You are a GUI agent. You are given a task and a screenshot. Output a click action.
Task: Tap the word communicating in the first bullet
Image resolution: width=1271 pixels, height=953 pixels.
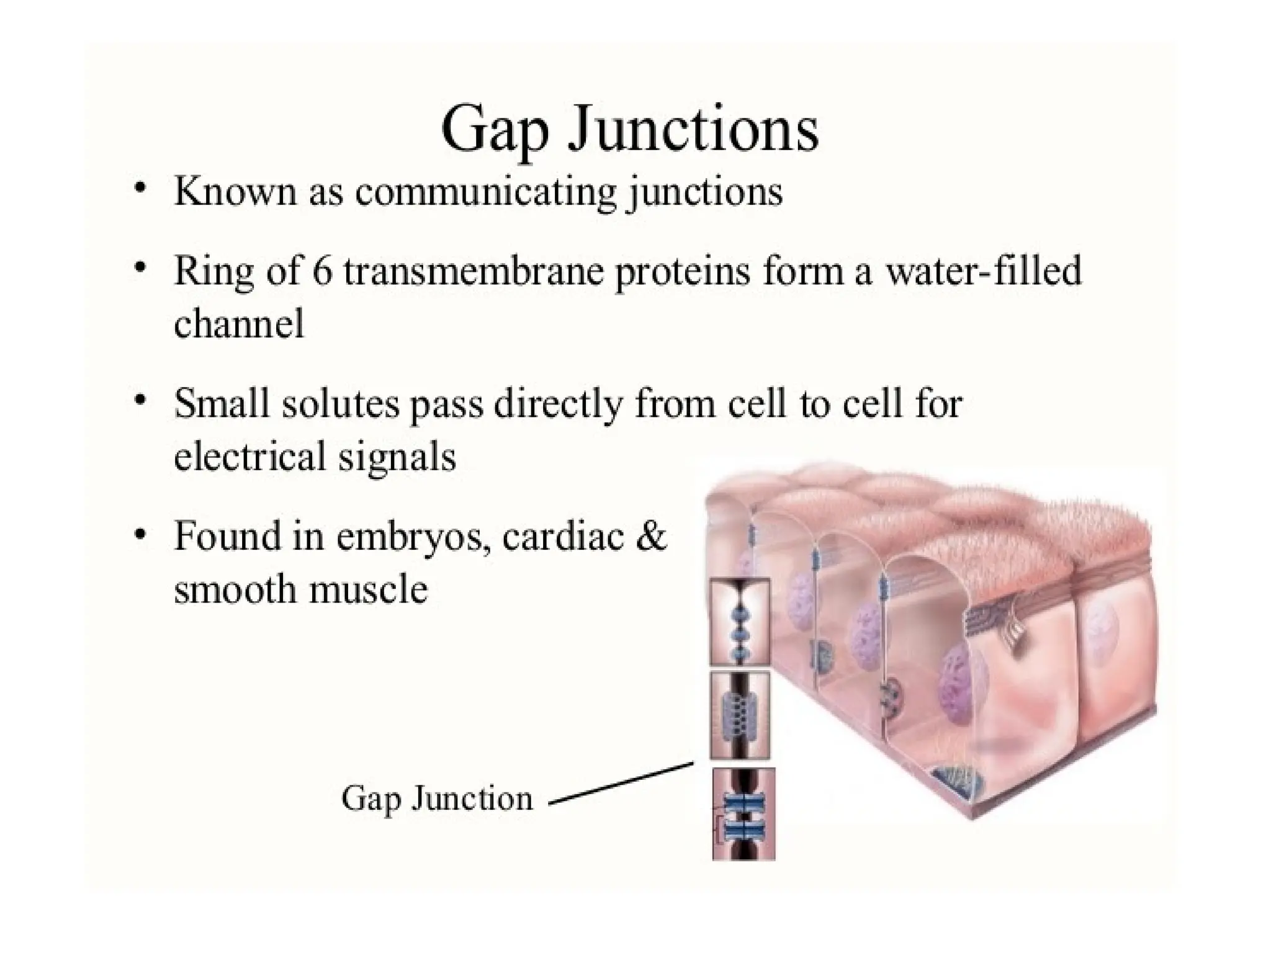click(486, 192)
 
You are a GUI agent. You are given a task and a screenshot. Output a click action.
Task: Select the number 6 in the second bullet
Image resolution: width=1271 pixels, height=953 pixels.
click(322, 272)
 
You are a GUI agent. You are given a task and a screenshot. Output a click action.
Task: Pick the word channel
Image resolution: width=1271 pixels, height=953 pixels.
click(239, 324)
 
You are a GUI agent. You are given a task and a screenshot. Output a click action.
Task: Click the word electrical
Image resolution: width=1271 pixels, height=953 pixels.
click(249, 457)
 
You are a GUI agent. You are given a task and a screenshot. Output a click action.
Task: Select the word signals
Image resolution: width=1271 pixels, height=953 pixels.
click(397, 458)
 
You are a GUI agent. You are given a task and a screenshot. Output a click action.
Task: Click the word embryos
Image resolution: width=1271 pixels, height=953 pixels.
click(413, 537)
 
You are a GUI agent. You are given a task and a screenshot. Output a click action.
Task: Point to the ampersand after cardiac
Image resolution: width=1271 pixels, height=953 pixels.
click(650, 536)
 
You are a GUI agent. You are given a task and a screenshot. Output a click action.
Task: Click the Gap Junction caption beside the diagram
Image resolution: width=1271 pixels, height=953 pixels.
click(437, 799)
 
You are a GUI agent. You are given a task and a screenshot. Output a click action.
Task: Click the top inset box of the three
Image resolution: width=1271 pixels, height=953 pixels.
click(740, 622)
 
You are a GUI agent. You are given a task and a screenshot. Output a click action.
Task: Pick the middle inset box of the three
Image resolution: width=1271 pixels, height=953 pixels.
click(740, 715)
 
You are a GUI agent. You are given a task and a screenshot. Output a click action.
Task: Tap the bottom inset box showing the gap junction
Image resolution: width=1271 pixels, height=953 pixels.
click(743, 813)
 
